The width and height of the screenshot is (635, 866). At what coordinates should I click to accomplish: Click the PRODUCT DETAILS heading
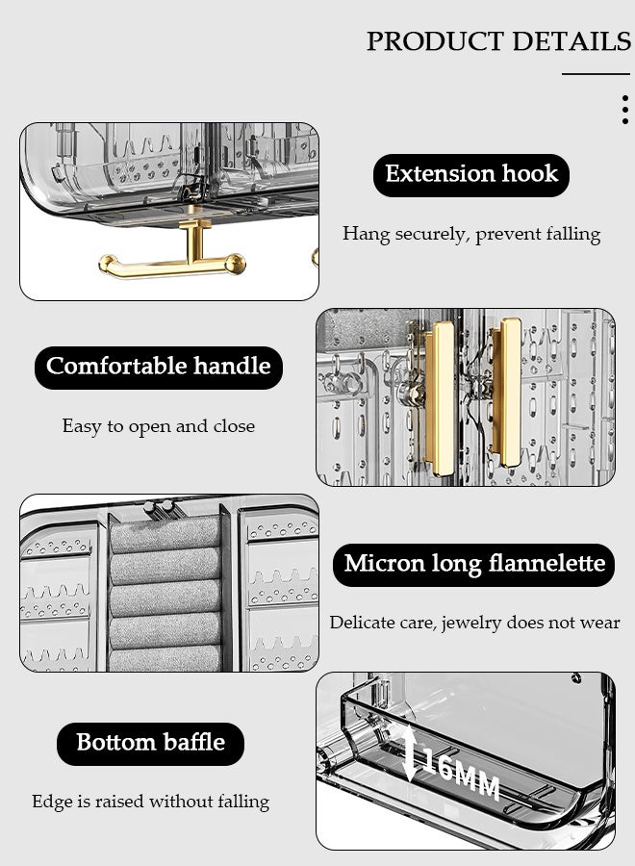pyautogui.click(x=498, y=41)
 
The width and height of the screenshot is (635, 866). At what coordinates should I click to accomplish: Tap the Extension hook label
pyautogui.click(x=471, y=174)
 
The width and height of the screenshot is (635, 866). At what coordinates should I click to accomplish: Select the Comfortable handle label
pyautogui.click(x=159, y=367)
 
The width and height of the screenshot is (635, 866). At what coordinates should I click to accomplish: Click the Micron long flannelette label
pyautogui.click(x=474, y=564)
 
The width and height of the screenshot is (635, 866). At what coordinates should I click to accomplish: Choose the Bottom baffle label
pyautogui.click(x=150, y=743)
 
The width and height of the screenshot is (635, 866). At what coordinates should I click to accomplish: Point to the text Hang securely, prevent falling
pyautogui.click(x=471, y=234)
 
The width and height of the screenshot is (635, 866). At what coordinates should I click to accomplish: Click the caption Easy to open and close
pyautogui.click(x=159, y=426)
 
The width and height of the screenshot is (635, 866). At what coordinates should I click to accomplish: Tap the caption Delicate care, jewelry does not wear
pyautogui.click(x=474, y=623)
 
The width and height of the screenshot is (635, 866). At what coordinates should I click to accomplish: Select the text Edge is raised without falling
pyautogui.click(x=150, y=802)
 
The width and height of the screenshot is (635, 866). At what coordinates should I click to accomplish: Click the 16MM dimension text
pyautogui.click(x=462, y=777)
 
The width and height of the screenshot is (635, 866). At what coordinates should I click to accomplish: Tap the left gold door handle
pyautogui.click(x=442, y=396)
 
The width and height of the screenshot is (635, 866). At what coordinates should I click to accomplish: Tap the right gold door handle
pyautogui.click(x=507, y=385)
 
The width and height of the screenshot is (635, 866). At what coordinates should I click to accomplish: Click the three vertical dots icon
pyautogui.click(x=625, y=110)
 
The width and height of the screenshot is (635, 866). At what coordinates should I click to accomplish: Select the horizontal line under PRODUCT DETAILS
pyautogui.click(x=596, y=73)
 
